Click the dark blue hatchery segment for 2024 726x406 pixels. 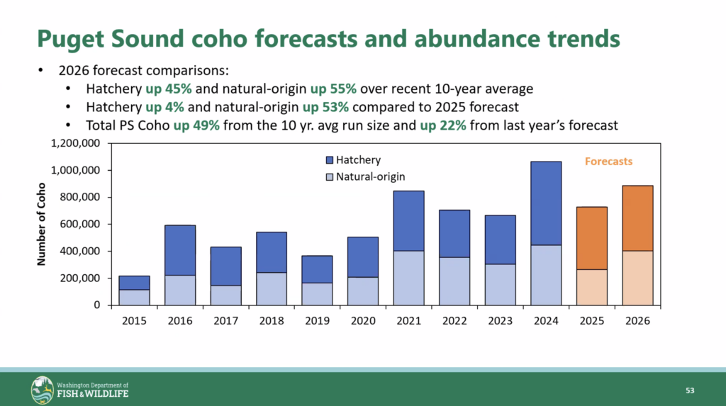coord(546,203)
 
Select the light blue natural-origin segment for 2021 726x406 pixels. coord(409,278)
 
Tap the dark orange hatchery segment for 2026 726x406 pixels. coord(637,218)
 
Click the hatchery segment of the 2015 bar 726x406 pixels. coord(135,283)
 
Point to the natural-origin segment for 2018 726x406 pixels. coord(272,288)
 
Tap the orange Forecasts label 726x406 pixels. coord(608,162)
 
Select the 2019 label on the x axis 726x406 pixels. coord(318,320)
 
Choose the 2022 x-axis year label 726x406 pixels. coord(454,320)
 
